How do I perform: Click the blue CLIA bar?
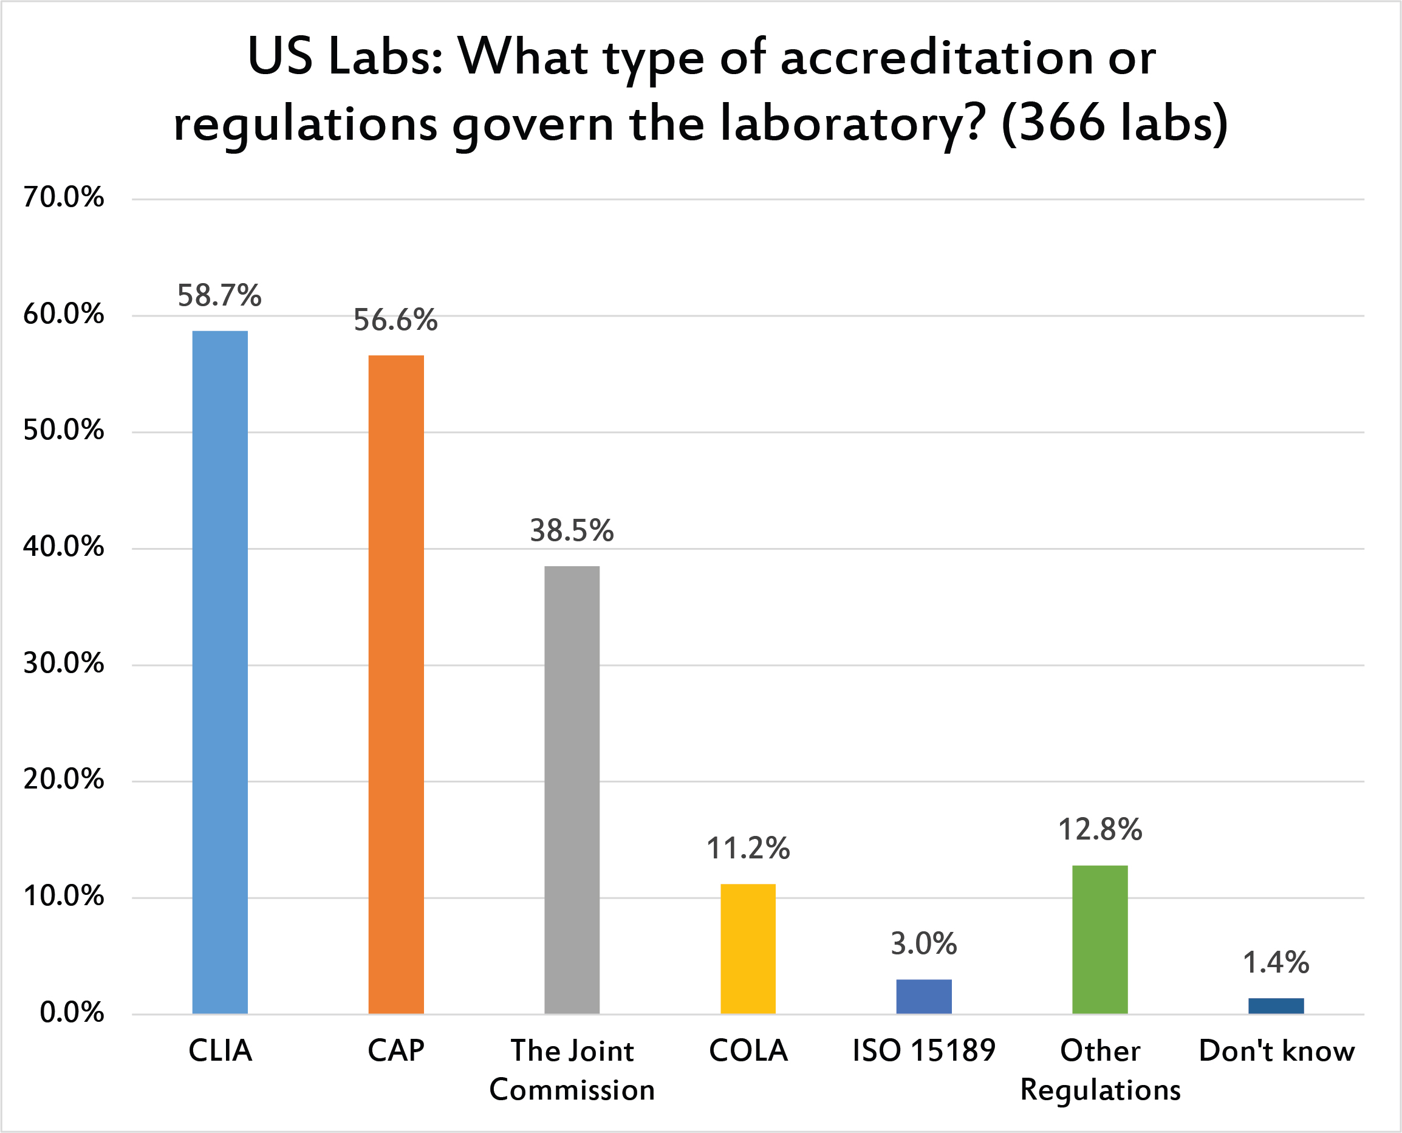[x=220, y=673]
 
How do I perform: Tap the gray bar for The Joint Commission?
[x=572, y=790]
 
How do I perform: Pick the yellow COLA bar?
[x=748, y=949]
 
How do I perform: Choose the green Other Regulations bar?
[x=1100, y=940]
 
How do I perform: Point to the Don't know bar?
[x=1276, y=1006]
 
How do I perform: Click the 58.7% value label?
[x=219, y=296]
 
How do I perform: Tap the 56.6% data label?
[x=395, y=320]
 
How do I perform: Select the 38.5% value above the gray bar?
[x=572, y=531]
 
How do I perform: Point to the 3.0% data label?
[x=923, y=945]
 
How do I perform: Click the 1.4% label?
[x=1276, y=963]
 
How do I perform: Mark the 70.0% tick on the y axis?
[x=63, y=197]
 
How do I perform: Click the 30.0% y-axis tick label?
[x=63, y=664]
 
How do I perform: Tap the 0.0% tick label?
[x=72, y=1013]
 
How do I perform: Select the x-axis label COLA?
[x=748, y=1052]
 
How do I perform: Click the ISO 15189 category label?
[x=923, y=1052]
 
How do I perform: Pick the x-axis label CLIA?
[x=220, y=1052]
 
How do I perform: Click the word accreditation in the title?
[x=937, y=58]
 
